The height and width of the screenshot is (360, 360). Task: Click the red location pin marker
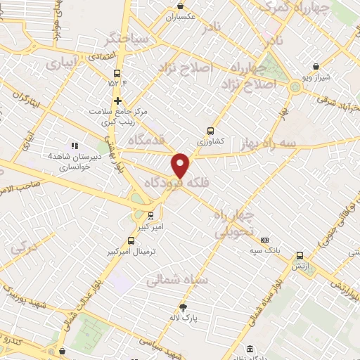coord(181,165)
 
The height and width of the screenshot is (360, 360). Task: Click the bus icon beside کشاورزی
coord(210,131)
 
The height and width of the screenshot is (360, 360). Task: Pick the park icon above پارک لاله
coord(184,307)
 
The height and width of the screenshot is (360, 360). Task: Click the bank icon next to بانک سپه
coord(264,240)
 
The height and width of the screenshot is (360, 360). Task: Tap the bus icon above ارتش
coord(300,256)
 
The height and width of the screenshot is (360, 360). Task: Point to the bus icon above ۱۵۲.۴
coord(116,72)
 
